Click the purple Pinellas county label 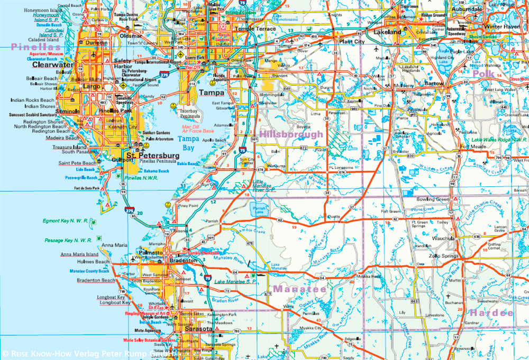pyautogui.click(x=35, y=47)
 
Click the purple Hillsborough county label pyautogui.click(x=290, y=134)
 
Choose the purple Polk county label pyautogui.click(x=483, y=74)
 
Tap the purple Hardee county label pyautogui.click(x=491, y=313)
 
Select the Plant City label pyautogui.click(x=353, y=41)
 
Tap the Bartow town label pyautogui.click(x=435, y=84)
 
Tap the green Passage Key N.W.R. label pyautogui.click(x=66, y=240)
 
